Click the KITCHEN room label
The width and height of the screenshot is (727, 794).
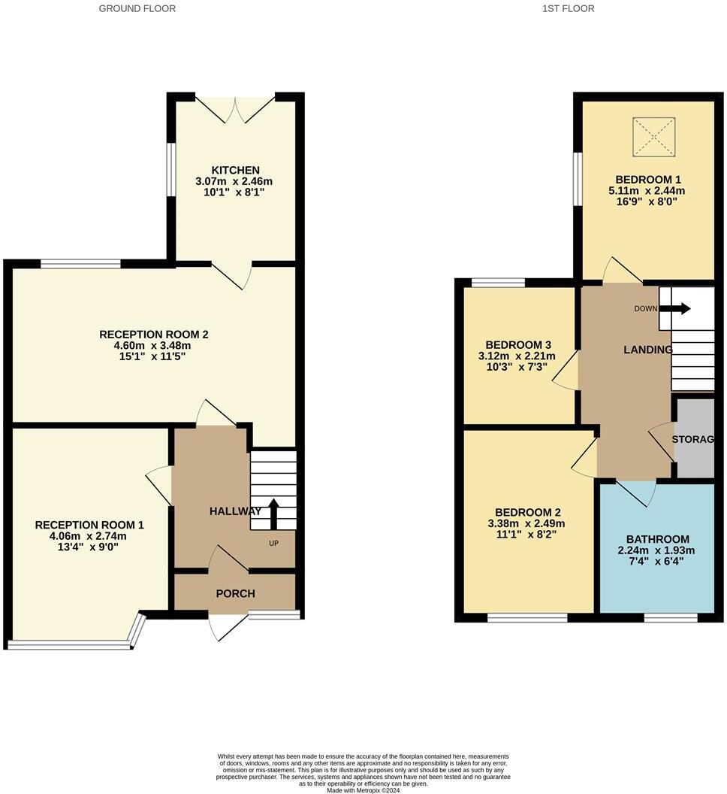pyautogui.click(x=234, y=170)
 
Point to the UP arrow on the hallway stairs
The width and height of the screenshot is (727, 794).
pyautogui.click(x=273, y=514)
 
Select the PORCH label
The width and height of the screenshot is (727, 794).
pyautogui.click(x=235, y=593)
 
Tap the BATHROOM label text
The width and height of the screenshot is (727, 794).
pyautogui.click(x=657, y=539)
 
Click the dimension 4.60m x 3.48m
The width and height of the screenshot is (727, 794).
pyautogui.click(x=147, y=345)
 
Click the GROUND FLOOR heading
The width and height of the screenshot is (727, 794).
pyautogui.click(x=137, y=8)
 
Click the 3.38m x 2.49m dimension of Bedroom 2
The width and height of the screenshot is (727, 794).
pyautogui.click(x=526, y=523)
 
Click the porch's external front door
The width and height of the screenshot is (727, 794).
pyautogui.click(x=227, y=627)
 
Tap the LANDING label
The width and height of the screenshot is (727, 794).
pyautogui.click(x=648, y=350)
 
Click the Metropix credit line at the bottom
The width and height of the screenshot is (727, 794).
pyautogui.click(x=363, y=789)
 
